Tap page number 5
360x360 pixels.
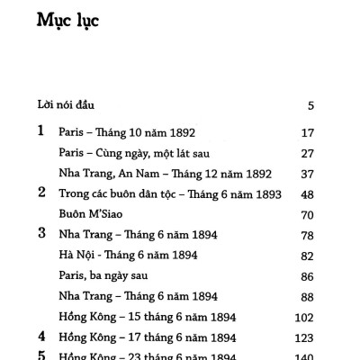pyautogui.click(x=310, y=106)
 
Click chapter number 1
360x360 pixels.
pyautogui.click(x=40, y=131)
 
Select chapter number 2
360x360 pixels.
pyautogui.click(x=40, y=193)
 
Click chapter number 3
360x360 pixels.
pyautogui.click(x=40, y=235)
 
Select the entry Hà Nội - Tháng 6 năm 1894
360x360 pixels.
pyautogui.click(x=128, y=256)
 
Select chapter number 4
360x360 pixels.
pyautogui.click(x=40, y=337)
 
